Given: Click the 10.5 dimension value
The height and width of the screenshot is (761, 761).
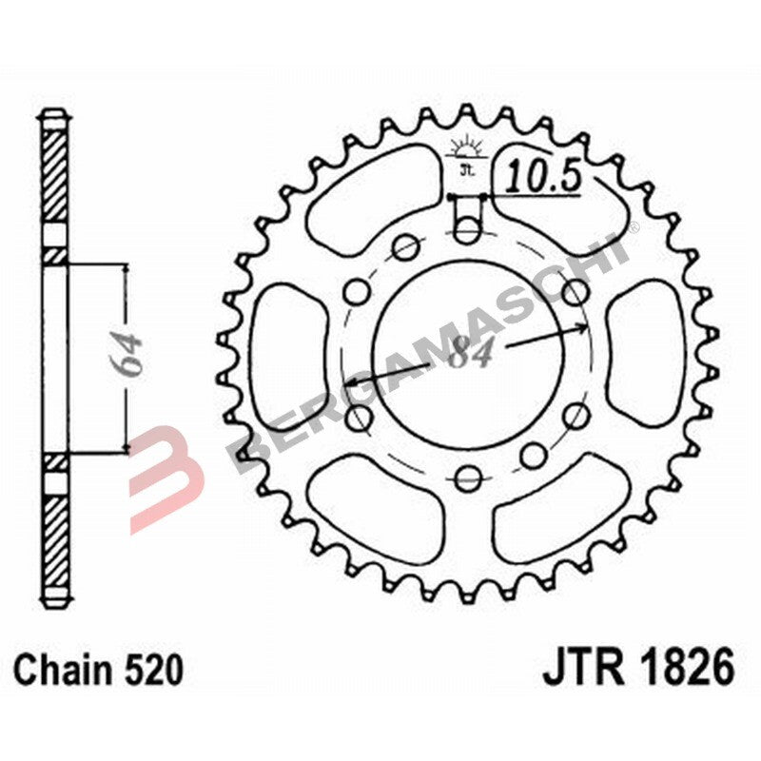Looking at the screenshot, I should tap(543, 176).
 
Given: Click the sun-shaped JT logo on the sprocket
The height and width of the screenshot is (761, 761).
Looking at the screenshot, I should tap(466, 152).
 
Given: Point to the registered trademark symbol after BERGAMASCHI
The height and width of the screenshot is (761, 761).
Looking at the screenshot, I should tap(632, 226).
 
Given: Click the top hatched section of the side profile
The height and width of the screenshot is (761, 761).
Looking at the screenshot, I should tap(54, 181).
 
